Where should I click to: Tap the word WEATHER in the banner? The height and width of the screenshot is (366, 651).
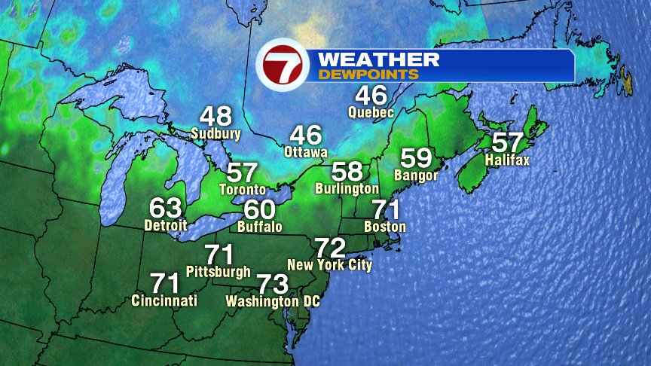click(x=378, y=59)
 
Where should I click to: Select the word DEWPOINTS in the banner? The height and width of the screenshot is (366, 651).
click(x=368, y=75)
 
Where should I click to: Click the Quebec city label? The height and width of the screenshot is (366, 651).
click(x=371, y=112)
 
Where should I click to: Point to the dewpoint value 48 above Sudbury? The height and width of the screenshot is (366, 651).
click(x=215, y=117)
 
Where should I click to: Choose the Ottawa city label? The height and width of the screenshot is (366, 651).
click(x=306, y=152)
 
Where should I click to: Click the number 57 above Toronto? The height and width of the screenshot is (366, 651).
click(x=243, y=172)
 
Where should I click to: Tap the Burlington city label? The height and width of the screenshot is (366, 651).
click(x=347, y=188)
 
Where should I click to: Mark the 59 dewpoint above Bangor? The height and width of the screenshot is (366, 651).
click(x=416, y=158)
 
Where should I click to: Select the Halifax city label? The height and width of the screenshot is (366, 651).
click(x=508, y=160)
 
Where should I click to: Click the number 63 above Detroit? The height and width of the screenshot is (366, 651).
click(x=166, y=207)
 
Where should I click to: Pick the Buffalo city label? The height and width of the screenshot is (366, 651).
click(x=259, y=226)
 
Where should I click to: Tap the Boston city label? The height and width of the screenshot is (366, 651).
click(x=385, y=226)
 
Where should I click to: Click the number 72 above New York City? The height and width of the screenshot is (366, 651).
click(x=330, y=247)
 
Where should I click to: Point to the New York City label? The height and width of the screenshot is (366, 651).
click(x=330, y=265)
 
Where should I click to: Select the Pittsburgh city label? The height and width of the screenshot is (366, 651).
click(x=219, y=271)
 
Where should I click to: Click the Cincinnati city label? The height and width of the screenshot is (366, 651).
click(x=164, y=300)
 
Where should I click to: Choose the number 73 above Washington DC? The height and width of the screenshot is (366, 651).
click(x=273, y=284)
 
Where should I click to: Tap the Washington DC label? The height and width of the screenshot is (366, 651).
click(x=273, y=301)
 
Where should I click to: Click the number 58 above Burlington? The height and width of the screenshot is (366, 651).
click(x=347, y=171)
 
